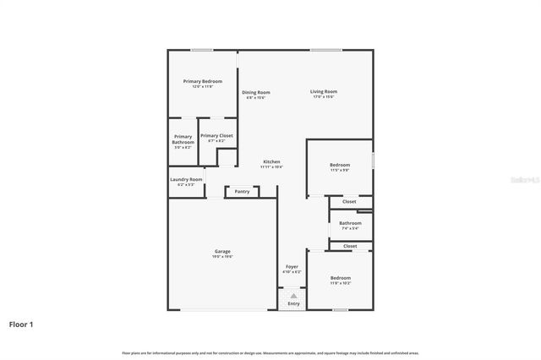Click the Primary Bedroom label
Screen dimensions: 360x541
click(202, 81)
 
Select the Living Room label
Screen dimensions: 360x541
click(323, 91)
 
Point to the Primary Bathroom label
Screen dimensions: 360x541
click(183, 139)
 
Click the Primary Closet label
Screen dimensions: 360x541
click(216, 135)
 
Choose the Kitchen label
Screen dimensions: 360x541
click(271, 161)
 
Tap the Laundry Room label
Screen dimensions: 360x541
click(185, 179)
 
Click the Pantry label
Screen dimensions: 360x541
click(242, 191)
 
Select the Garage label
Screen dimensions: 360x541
click(222, 251)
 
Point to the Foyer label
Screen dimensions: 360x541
click(292, 267)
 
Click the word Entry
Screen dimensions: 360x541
click(293, 303)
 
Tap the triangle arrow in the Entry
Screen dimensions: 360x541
click(293, 295)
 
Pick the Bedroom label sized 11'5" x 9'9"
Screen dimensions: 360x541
click(340, 165)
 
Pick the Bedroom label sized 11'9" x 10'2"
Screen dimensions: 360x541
click(341, 278)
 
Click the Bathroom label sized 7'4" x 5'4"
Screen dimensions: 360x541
click(350, 223)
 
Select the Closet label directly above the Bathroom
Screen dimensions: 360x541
click(349, 201)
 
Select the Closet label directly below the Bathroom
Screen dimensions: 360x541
click(350, 246)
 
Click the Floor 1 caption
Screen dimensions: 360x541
click(21, 324)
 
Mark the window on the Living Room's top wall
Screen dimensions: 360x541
click(320, 50)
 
